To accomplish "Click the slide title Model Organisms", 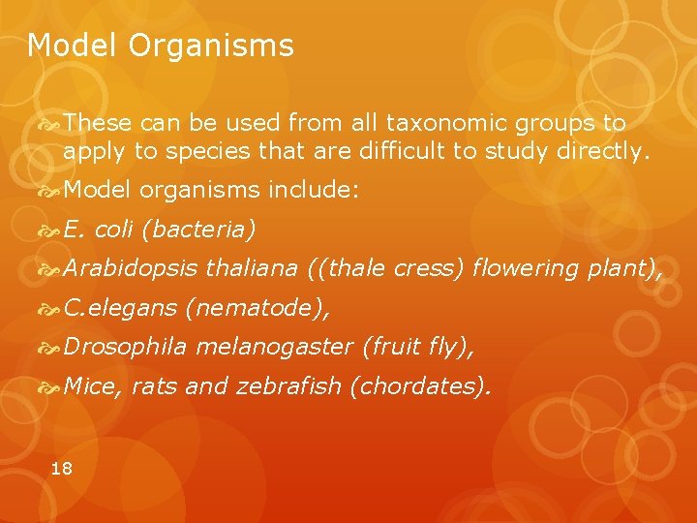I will point(160,46).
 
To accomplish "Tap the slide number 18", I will point(61,469).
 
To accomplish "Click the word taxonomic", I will point(440,124).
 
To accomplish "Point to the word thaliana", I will point(252,268).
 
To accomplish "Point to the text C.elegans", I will point(120,308).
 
